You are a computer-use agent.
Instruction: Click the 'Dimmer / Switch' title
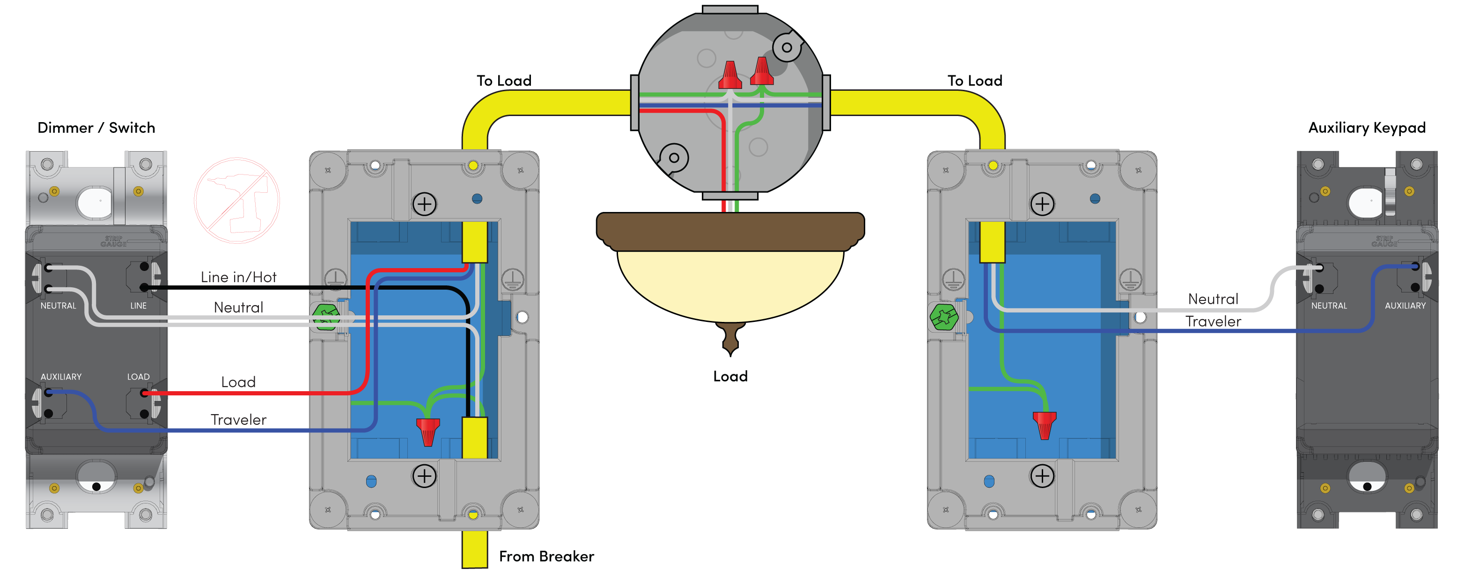pos(96,127)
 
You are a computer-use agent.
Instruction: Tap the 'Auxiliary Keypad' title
pos(1367,127)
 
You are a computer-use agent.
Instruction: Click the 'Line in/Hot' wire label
pos(238,277)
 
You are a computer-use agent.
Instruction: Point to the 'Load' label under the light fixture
pos(730,376)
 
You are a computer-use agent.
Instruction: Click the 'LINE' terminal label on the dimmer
pos(138,306)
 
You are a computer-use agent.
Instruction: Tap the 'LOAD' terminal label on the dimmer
pos(138,377)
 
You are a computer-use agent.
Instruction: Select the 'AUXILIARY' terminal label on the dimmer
pos(61,377)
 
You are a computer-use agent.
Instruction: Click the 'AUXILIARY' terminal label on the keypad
pos(1405,306)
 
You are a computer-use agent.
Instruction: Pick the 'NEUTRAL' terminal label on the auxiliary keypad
pos(1328,306)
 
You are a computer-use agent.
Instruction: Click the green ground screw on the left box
pos(326,317)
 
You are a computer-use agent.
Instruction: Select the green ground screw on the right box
pos(943,317)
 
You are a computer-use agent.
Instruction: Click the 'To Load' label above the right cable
pos(975,81)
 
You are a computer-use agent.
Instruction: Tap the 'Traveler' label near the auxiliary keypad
pos(1213,322)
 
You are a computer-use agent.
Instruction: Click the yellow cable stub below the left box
pos(474,549)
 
